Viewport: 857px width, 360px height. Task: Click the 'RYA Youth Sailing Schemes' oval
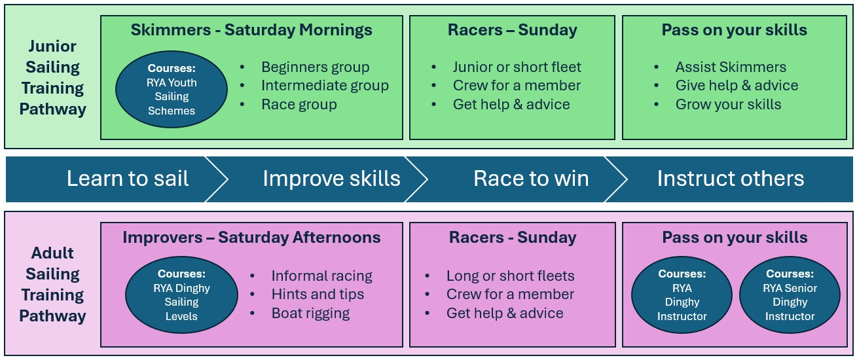(172, 90)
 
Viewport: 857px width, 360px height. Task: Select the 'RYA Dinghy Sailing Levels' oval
(181, 295)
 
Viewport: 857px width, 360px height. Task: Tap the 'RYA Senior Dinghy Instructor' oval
(790, 295)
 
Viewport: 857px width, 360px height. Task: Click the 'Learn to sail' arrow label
(128, 179)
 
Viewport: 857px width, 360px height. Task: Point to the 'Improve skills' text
(331, 179)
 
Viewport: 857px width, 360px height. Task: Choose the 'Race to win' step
(531, 179)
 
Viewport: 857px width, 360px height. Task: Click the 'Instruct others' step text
(731, 179)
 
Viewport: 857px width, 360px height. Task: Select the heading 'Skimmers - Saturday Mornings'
(251, 30)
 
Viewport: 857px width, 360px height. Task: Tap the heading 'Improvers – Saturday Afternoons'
(251, 238)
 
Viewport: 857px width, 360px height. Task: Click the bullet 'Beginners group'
(316, 67)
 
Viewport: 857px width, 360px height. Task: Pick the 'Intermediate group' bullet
(325, 85)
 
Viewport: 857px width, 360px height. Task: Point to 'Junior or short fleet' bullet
(517, 67)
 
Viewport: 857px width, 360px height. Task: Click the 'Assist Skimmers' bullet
(731, 67)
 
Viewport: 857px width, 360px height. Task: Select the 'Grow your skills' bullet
(728, 105)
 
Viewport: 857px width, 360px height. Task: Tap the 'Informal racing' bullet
(321, 276)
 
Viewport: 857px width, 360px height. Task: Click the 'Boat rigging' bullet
(310, 314)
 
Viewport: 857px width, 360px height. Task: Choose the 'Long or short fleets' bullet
(511, 276)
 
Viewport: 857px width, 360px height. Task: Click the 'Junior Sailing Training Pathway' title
(53, 78)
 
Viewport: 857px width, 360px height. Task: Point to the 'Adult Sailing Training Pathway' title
(53, 285)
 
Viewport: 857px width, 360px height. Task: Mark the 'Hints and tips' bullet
(318, 294)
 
